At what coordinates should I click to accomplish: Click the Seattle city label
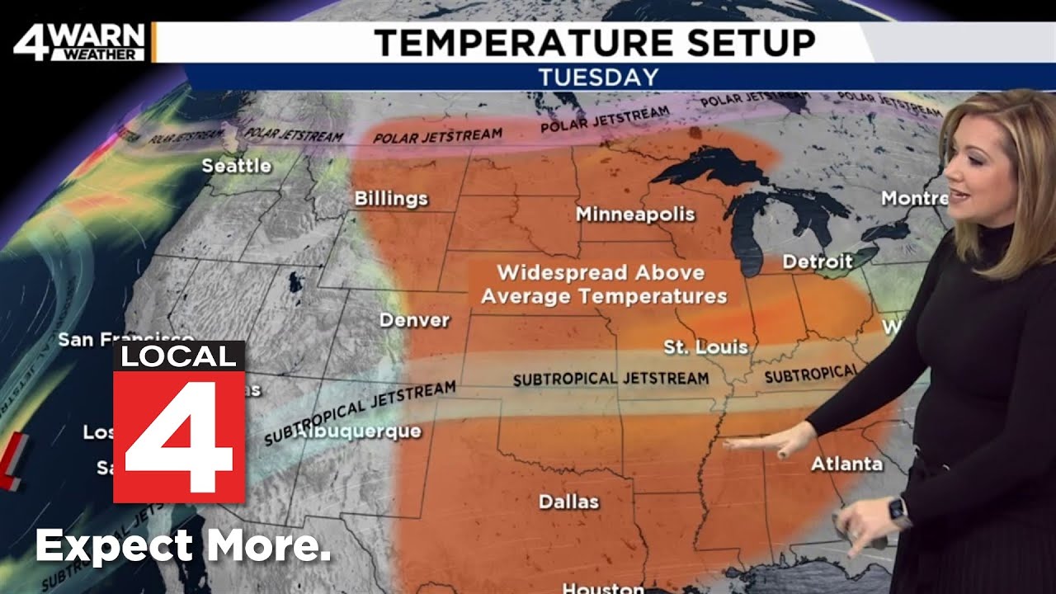(x=237, y=166)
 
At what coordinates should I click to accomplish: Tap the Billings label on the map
(x=391, y=199)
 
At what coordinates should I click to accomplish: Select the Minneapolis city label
(x=635, y=214)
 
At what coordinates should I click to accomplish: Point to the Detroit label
(x=817, y=262)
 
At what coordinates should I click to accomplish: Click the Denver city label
(x=414, y=320)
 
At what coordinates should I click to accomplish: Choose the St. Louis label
(x=705, y=347)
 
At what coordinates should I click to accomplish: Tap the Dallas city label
(x=568, y=502)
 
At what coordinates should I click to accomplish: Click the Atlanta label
(x=846, y=464)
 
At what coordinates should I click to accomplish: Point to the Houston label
(x=602, y=587)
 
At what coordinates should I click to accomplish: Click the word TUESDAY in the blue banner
(x=598, y=78)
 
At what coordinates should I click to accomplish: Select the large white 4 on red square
(x=179, y=436)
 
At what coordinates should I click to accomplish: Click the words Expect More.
(x=183, y=546)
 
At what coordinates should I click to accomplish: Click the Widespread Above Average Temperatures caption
(x=603, y=284)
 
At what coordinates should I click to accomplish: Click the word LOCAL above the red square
(x=179, y=356)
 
